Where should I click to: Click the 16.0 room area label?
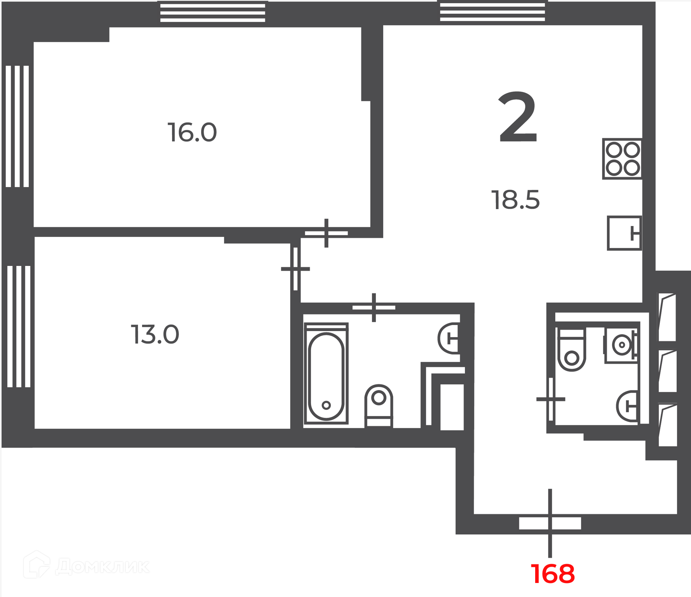(x=192, y=132)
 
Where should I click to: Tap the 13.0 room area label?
(x=155, y=335)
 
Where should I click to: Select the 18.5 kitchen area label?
(x=515, y=200)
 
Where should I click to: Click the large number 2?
(x=518, y=117)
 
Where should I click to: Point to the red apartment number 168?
(x=553, y=574)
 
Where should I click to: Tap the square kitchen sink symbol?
(x=624, y=233)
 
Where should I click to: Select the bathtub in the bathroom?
(x=326, y=373)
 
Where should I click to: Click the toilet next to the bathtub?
(x=379, y=406)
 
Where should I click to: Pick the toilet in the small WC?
(x=571, y=349)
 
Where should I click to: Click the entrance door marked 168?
(x=550, y=523)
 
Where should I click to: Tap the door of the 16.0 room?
(x=326, y=233)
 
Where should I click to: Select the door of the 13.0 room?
(x=295, y=269)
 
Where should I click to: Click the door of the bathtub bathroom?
(x=374, y=308)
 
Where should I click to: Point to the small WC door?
(x=551, y=399)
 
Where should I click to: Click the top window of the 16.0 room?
(x=213, y=12)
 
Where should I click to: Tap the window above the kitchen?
(x=492, y=11)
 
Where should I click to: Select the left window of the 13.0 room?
(x=19, y=326)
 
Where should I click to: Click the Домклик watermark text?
(x=103, y=567)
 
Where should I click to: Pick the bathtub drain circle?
(x=326, y=405)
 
